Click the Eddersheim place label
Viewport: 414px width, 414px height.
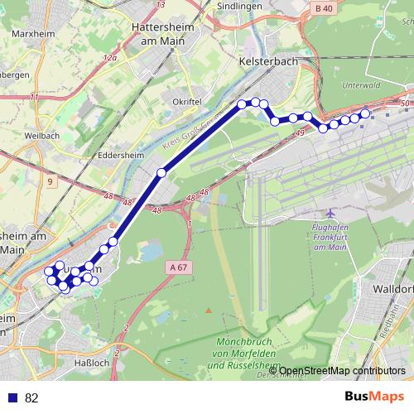point(122,154)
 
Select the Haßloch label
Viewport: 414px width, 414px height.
point(92,363)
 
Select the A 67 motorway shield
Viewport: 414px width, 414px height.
point(179,267)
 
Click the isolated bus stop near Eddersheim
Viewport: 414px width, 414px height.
point(161,172)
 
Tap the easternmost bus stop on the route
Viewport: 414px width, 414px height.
point(365,113)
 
